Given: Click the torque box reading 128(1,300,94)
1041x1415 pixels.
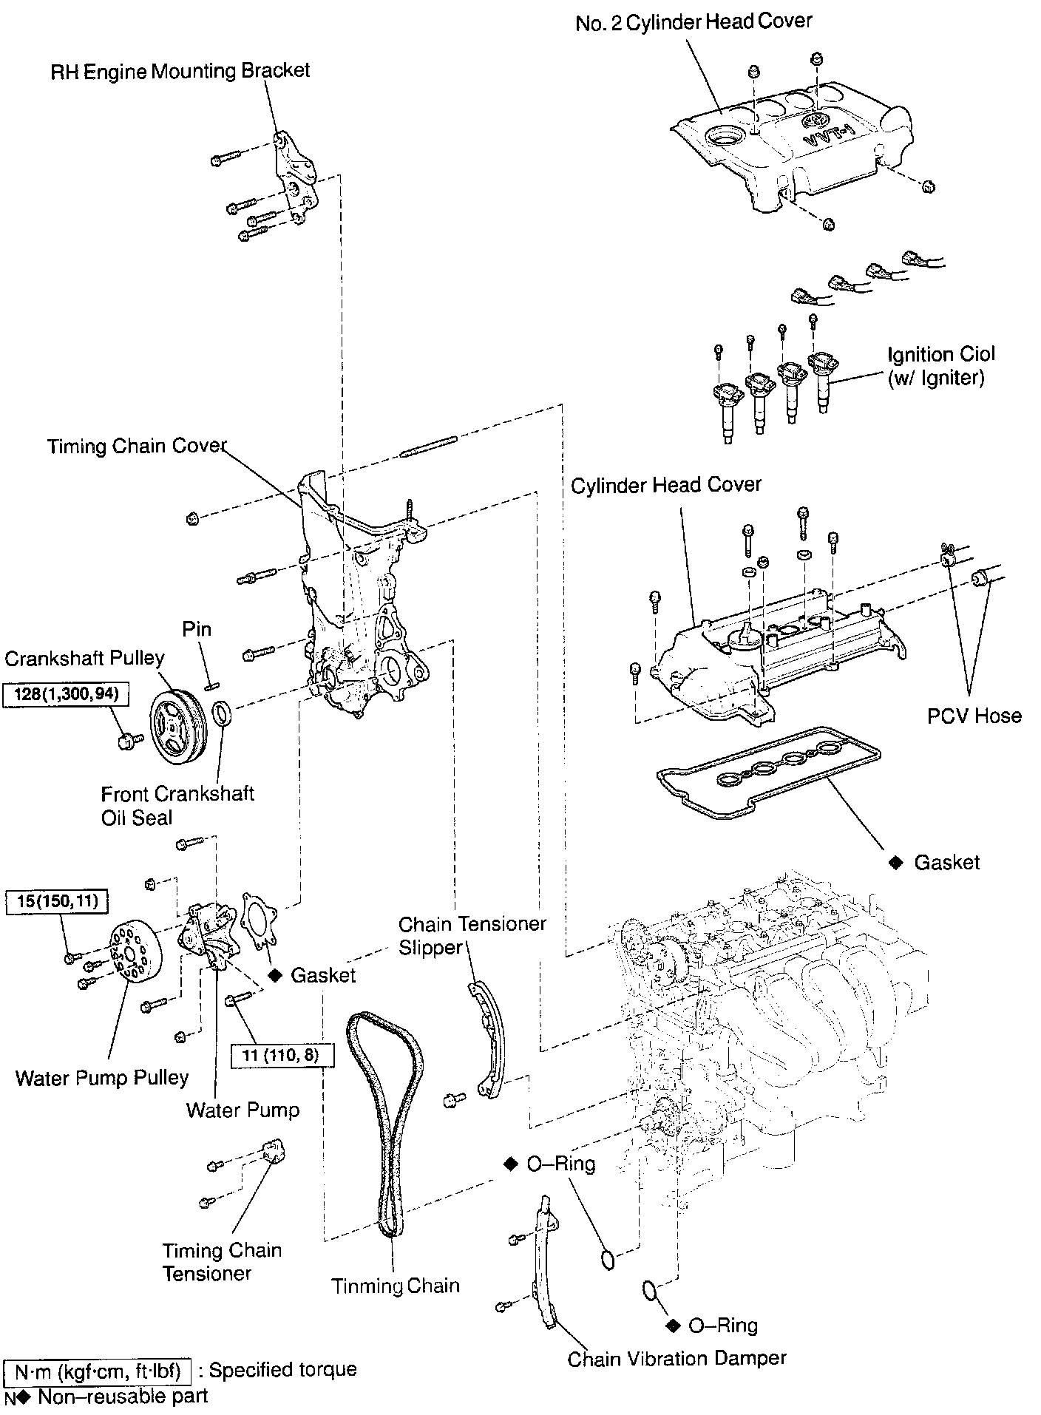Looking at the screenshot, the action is tap(62, 694).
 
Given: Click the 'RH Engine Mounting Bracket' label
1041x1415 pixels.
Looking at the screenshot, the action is tap(180, 71).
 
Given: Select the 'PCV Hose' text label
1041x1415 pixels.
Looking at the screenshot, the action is tap(974, 716).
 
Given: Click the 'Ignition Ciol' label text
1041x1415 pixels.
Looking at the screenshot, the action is tap(940, 354).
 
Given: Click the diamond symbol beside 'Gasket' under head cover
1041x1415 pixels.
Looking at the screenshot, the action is tap(896, 863).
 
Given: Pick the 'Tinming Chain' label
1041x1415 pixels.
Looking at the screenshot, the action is tap(395, 1286).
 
